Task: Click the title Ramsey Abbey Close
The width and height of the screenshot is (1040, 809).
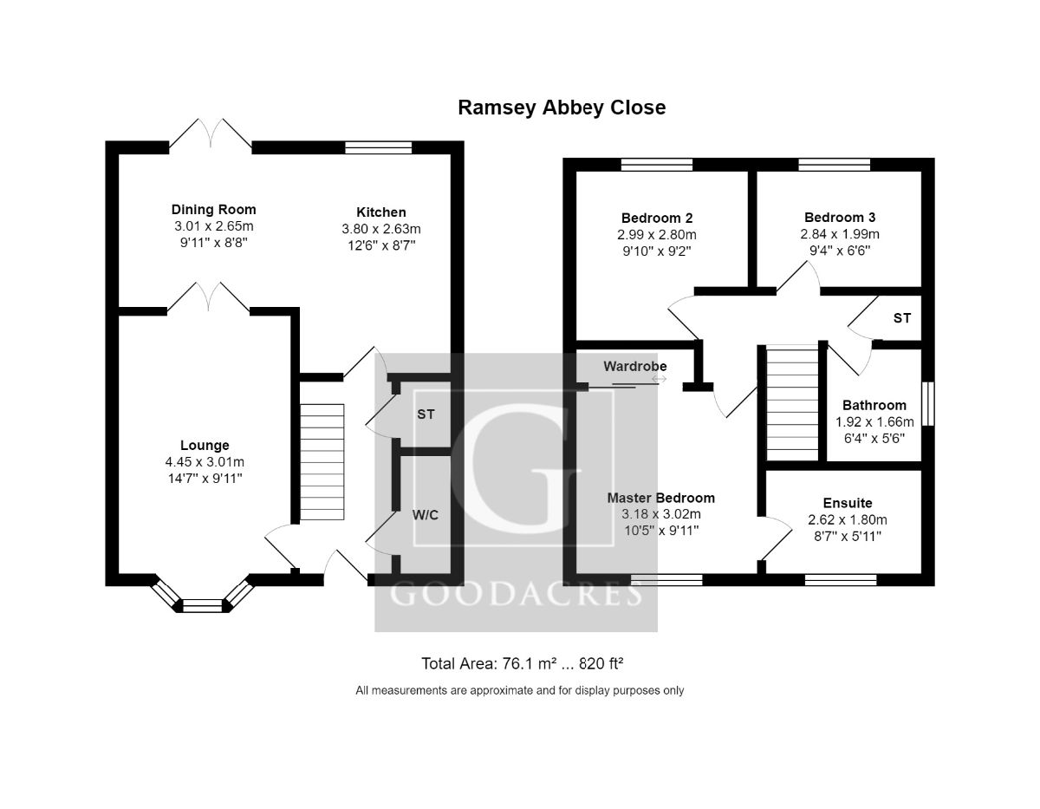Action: [x=562, y=108]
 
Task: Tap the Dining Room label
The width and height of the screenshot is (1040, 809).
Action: [x=213, y=210]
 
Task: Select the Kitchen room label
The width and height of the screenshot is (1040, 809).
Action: [x=380, y=212]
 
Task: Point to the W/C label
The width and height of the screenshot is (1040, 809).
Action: [x=425, y=515]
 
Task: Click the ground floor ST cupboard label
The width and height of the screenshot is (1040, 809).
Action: [x=426, y=414]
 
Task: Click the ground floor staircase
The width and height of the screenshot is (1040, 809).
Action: [x=322, y=461]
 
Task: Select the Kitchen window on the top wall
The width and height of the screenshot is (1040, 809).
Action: [x=378, y=147]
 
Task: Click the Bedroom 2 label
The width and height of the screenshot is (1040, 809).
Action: [x=656, y=218]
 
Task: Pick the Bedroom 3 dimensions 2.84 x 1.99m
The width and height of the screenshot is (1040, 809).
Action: [x=839, y=234]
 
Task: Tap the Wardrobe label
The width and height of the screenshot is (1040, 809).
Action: [x=635, y=366]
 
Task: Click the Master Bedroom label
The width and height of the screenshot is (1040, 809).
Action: [x=660, y=498]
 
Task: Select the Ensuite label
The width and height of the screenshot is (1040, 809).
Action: [x=847, y=503]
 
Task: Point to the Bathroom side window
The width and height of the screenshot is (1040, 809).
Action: [x=928, y=403]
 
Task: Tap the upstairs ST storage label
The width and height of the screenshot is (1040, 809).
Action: [x=902, y=318]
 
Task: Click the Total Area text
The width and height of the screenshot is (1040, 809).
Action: [x=523, y=664]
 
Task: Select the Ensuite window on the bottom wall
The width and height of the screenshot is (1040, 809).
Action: [x=840, y=579]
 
